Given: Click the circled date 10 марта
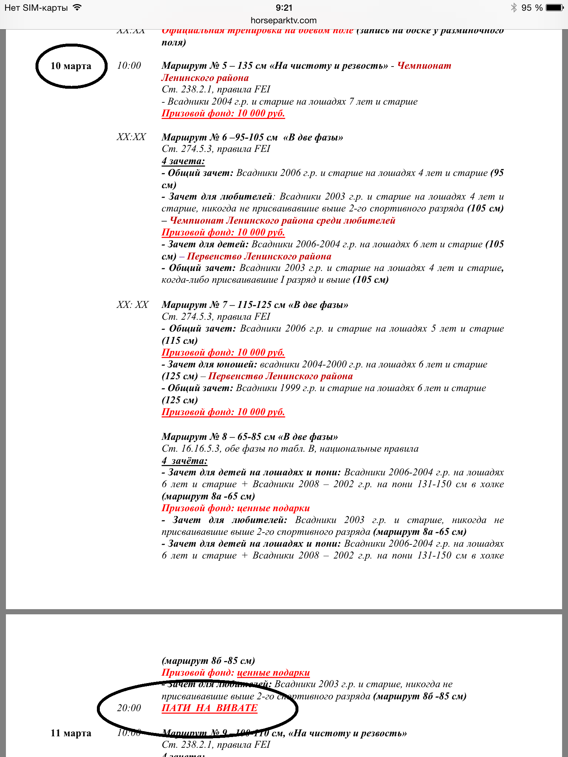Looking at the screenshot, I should click(x=71, y=66).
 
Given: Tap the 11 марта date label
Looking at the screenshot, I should click(x=71, y=733).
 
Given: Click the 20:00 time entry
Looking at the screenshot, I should click(x=129, y=708).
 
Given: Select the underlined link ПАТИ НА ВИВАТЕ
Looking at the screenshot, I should click(x=210, y=708).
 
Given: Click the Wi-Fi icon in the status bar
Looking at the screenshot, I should click(x=77, y=8).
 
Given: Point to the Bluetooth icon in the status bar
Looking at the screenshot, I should click(x=514, y=8).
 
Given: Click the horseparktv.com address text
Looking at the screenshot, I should click(x=284, y=20).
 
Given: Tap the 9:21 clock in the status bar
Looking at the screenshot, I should click(x=284, y=8).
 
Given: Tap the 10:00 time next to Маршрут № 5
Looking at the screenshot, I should click(x=129, y=66).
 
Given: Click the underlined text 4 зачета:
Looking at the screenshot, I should click(x=183, y=161).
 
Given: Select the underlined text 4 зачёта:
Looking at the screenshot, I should click(x=184, y=461).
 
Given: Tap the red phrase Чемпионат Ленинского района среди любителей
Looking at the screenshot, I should click(x=283, y=221).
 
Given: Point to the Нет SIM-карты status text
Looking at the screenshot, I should click(x=36, y=8).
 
